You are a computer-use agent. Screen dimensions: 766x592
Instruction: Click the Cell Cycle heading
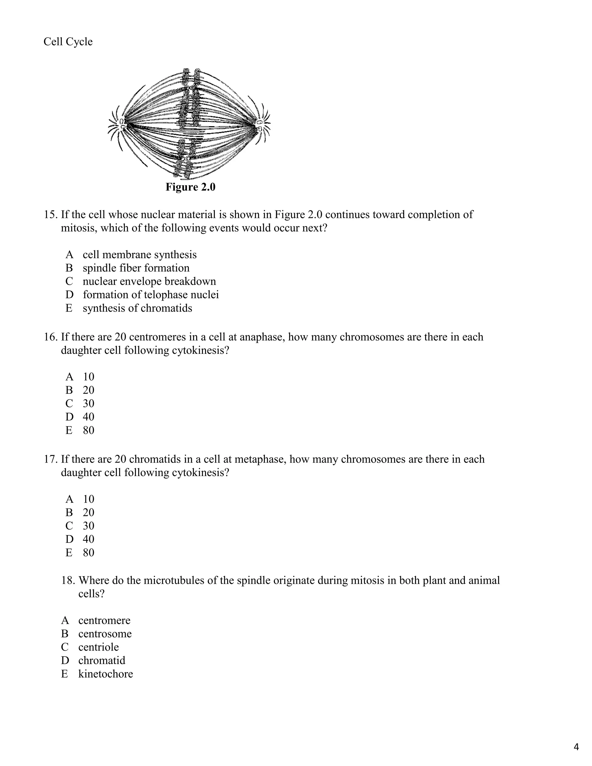pos(68,42)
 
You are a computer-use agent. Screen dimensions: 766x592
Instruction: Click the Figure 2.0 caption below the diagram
pos(190,187)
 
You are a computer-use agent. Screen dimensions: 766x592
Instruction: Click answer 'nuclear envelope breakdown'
pos(149,281)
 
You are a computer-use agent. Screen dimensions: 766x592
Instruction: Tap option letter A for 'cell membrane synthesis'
pos(69,255)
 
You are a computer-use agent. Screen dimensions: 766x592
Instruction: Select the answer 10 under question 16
pos(88,377)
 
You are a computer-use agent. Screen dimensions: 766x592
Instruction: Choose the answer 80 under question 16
pos(88,430)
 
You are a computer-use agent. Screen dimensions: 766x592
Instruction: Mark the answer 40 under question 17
pos(88,539)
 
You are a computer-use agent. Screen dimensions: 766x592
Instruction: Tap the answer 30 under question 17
pos(88,526)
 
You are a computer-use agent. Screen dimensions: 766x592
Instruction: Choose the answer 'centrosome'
pos(105,634)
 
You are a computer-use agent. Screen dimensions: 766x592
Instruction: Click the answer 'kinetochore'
pos(106,674)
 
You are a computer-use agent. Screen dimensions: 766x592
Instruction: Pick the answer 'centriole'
pos(99,647)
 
